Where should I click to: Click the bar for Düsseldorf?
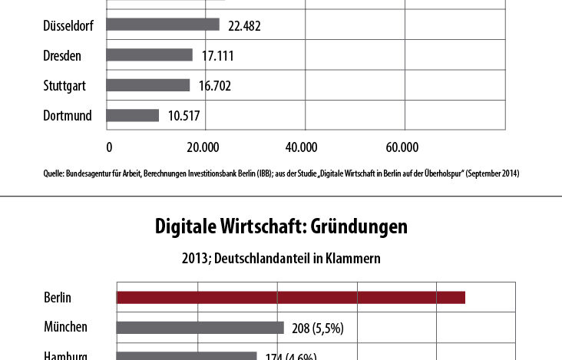pos(163,25)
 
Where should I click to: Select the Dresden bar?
pos(150,55)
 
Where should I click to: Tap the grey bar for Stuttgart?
pos(148,85)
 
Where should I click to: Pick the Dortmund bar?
pos(133,115)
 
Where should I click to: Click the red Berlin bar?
pos(291,297)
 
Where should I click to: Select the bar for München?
pos(200,327)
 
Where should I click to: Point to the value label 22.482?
pos(242,25)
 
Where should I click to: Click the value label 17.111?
pos(216,55)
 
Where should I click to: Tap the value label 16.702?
pos(213,85)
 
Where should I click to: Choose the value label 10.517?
pos(183,115)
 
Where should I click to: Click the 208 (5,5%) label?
pos(317,328)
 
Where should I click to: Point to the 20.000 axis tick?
pos(203,147)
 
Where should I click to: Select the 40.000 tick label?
pos(301,147)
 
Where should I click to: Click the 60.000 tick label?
pos(401,147)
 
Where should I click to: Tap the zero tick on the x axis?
pos(109,147)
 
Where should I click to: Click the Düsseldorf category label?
pos(68,25)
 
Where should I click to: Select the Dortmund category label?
pos(68,115)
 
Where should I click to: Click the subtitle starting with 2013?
pos(280,259)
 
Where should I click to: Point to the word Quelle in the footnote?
pos(54,173)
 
